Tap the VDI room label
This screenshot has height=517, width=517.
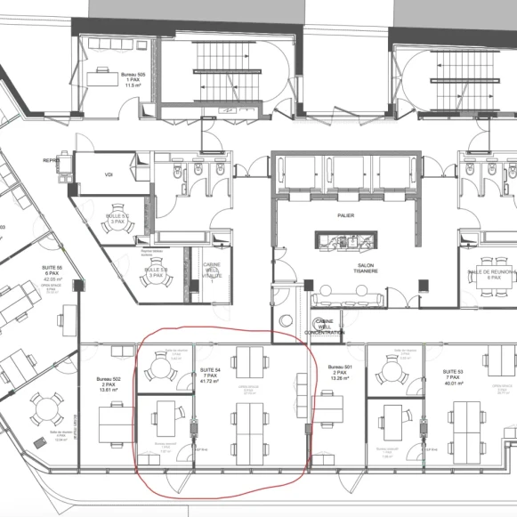point(109,174)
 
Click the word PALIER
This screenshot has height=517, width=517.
point(346,214)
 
